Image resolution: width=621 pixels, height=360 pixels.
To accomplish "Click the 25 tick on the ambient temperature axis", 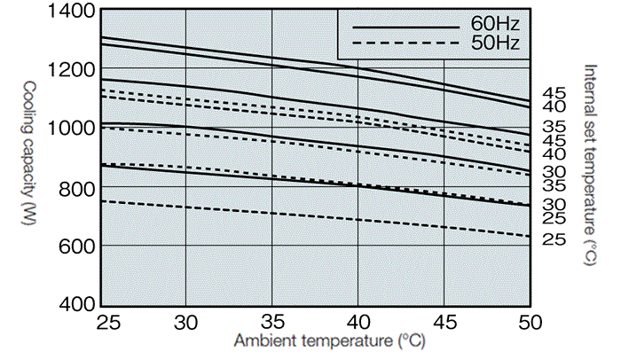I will tap(100, 321).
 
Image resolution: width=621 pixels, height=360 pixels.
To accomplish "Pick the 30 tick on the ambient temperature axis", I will tap(186, 321).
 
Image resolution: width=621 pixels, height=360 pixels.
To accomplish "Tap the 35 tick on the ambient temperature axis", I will tap(271, 321).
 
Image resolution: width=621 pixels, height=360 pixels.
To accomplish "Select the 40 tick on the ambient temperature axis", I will tap(358, 321).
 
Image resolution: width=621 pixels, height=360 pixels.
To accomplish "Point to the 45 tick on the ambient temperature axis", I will tap(444, 321).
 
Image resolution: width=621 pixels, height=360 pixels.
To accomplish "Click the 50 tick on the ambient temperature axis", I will tap(529, 321).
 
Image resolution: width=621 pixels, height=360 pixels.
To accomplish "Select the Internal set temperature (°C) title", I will tap(590, 164).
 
